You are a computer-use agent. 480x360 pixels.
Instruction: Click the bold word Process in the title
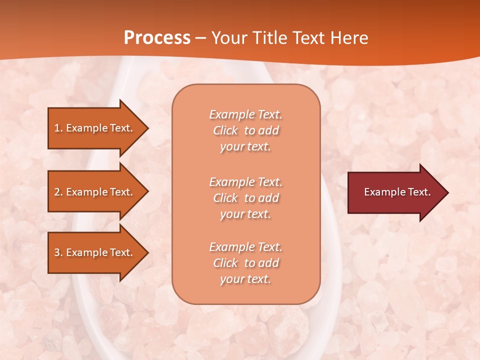pyautogui.click(x=157, y=38)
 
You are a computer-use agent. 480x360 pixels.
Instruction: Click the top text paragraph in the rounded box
pyautogui.click(x=245, y=130)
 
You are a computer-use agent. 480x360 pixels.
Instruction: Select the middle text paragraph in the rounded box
pyautogui.click(x=245, y=198)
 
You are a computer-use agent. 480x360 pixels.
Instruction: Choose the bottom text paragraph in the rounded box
pyautogui.click(x=245, y=263)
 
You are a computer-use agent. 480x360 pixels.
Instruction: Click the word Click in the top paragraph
pyautogui.click(x=225, y=130)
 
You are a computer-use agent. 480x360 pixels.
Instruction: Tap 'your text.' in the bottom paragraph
pyautogui.click(x=245, y=279)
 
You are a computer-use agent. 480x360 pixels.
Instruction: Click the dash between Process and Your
pyautogui.click(x=200, y=38)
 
